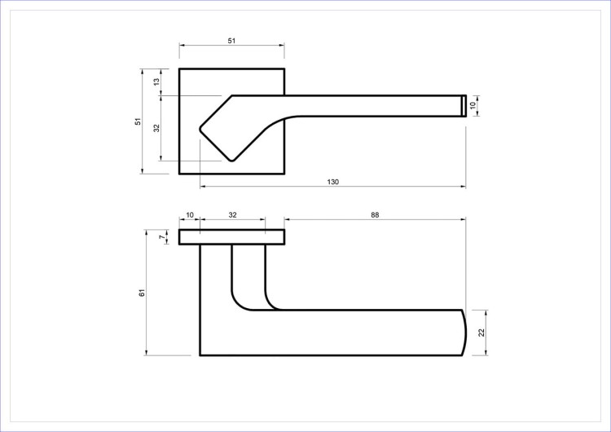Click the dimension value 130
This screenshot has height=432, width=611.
point(332,182)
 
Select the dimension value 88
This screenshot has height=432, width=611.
point(375,215)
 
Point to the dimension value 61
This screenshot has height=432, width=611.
point(142,293)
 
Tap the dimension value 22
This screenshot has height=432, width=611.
point(481,333)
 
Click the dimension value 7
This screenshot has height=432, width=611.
point(162,237)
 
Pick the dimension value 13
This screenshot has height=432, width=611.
point(156,82)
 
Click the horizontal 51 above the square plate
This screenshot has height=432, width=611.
point(231,41)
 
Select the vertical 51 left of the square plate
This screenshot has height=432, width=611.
point(138,121)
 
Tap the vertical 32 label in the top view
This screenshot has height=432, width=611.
point(156,128)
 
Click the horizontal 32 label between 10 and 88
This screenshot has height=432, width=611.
point(232,215)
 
